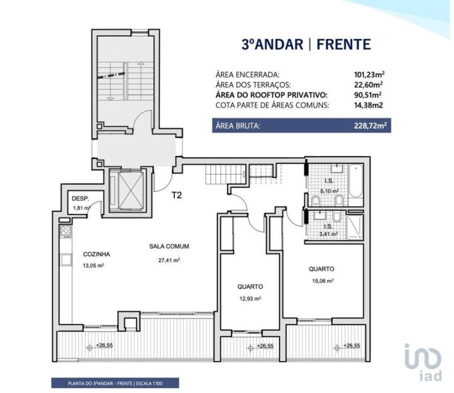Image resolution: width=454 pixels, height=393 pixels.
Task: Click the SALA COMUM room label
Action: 169,247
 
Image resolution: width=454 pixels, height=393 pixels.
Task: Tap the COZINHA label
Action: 96,255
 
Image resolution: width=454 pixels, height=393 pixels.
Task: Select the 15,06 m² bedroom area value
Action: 323,281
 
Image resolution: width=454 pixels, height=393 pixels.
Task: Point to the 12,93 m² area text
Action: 250,298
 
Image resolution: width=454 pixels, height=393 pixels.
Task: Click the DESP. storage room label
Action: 80,199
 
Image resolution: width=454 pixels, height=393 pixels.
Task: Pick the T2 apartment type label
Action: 176,195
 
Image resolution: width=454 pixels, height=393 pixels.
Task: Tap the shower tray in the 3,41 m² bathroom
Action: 355,227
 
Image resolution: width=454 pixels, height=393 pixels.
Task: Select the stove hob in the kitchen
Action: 66,231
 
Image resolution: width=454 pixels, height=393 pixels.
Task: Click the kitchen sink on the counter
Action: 66,260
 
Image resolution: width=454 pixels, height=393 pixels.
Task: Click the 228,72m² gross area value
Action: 371,126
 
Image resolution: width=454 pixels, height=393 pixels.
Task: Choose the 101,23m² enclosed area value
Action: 369,75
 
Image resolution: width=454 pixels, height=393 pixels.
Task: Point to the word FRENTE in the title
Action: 344,44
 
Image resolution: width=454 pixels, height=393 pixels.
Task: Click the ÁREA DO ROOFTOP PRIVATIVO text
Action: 272,95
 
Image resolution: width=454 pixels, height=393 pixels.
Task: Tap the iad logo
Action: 423,362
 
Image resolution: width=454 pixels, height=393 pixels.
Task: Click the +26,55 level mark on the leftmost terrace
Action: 104,345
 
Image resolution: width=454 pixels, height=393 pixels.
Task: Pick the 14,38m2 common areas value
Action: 368,105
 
